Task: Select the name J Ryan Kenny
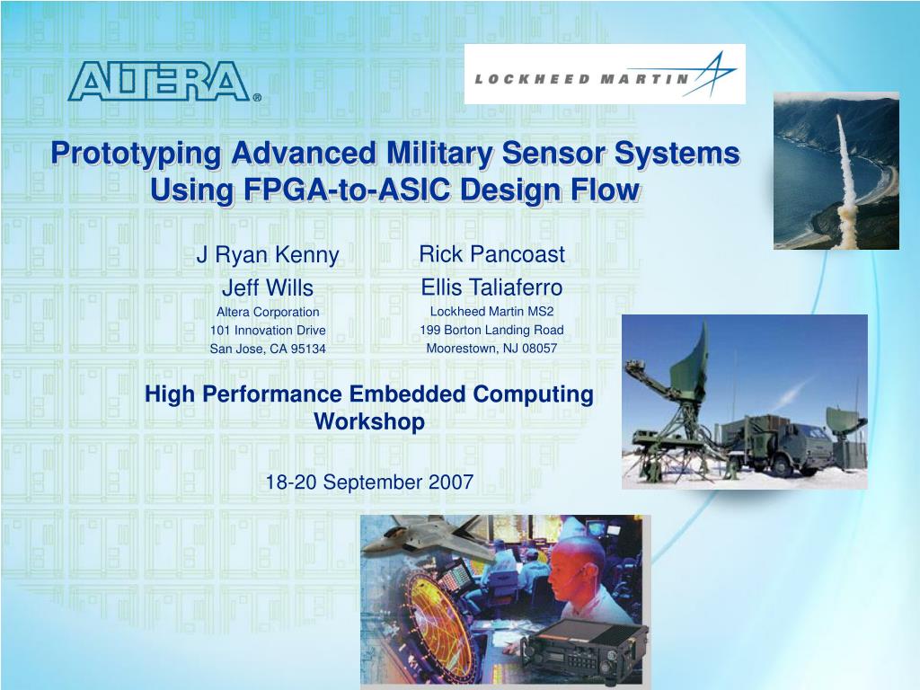(x=268, y=255)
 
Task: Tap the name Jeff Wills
(x=268, y=288)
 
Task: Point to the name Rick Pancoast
(x=491, y=254)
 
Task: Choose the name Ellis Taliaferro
(x=491, y=287)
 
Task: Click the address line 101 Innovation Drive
(x=268, y=331)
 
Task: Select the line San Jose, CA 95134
(x=268, y=349)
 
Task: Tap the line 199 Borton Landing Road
(x=491, y=330)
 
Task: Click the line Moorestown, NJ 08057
(x=491, y=348)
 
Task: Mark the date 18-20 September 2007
(x=369, y=482)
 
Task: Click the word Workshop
(x=369, y=421)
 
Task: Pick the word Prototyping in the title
(x=135, y=154)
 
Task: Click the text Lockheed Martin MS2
(x=491, y=312)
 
